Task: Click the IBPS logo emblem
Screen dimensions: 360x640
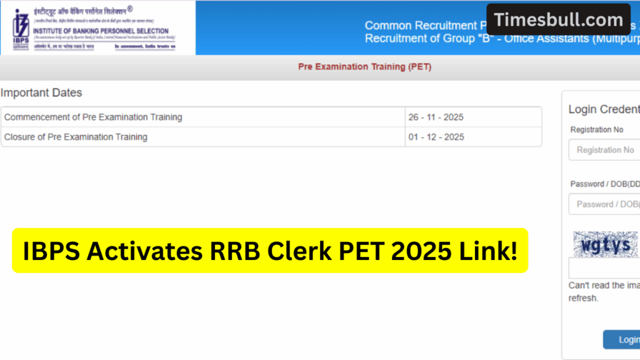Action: [21, 27]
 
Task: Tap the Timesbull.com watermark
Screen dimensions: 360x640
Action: [558, 19]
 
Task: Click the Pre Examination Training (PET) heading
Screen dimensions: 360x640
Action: [364, 67]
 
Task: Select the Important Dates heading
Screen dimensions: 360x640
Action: [41, 93]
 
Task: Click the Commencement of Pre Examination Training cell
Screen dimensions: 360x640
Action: [93, 117]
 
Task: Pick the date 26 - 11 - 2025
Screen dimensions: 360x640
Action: [436, 117]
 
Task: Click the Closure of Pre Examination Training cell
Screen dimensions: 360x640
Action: [76, 137]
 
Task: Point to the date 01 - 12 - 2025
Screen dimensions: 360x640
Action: [436, 137]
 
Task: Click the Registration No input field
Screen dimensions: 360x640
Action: [604, 150]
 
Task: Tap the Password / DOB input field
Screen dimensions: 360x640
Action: [604, 204]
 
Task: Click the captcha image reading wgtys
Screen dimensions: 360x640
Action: [606, 244]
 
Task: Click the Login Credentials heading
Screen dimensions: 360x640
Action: [604, 109]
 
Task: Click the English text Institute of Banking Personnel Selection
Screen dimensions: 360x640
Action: [101, 31]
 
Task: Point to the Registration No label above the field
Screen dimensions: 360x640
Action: [596, 129]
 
